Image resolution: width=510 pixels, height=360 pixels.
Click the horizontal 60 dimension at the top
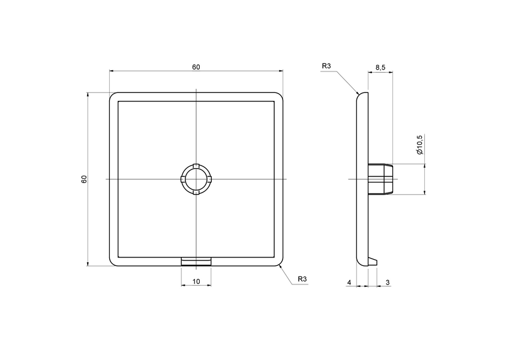click(x=196, y=67)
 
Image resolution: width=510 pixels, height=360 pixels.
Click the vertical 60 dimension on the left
click(x=84, y=179)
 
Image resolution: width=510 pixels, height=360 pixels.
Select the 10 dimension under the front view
click(x=196, y=281)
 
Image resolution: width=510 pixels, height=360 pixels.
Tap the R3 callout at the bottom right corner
click(x=302, y=280)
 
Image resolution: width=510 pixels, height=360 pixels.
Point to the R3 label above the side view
click(x=326, y=66)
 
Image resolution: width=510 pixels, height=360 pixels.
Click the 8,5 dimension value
click(x=380, y=67)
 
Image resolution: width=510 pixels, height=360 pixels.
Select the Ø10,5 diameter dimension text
click(x=419, y=144)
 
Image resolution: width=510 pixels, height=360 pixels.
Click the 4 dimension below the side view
click(x=349, y=281)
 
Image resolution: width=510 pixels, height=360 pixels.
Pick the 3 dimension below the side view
click(x=388, y=281)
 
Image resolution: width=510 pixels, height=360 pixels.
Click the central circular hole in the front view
click(x=196, y=179)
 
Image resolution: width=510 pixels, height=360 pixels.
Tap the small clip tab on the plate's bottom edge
click(x=196, y=261)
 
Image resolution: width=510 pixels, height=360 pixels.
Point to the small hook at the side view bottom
click(x=373, y=260)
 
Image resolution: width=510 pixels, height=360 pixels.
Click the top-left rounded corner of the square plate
click(x=112, y=96)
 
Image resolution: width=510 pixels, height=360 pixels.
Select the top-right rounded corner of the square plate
click(x=280, y=96)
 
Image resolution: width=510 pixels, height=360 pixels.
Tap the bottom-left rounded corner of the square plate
click(x=112, y=262)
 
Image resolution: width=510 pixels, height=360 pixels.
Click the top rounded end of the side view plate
click(x=362, y=96)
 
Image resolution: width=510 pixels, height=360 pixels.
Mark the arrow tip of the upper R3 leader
click(x=358, y=94)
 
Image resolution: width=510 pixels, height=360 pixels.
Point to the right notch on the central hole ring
click(x=210, y=179)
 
